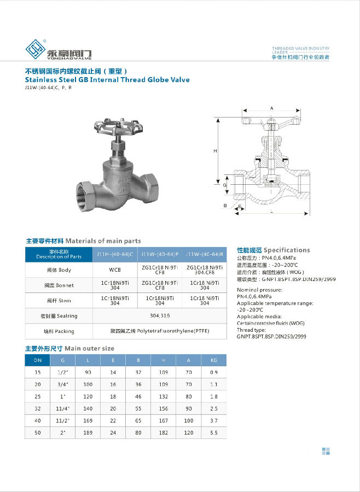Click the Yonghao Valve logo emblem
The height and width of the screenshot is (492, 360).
click(34, 49)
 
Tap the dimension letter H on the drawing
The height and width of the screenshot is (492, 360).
click(216, 150)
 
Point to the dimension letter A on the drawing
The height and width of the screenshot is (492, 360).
click(271, 108)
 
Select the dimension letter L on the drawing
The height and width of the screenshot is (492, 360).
click(272, 211)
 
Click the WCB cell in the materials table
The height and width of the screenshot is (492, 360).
click(115, 270)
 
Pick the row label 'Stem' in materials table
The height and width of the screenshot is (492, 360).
click(58, 301)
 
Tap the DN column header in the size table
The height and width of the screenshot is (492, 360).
click(38, 360)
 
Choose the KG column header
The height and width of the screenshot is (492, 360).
click(213, 360)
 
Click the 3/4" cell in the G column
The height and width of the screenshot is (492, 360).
click(63, 384)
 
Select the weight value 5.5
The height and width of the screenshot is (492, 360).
click(213, 432)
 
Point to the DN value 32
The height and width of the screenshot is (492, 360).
click(38, 408)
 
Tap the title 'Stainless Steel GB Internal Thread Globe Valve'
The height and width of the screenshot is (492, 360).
click(107, 80)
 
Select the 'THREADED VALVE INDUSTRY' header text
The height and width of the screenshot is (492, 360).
click(301, 49)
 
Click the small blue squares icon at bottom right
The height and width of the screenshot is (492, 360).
click(326, 451)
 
